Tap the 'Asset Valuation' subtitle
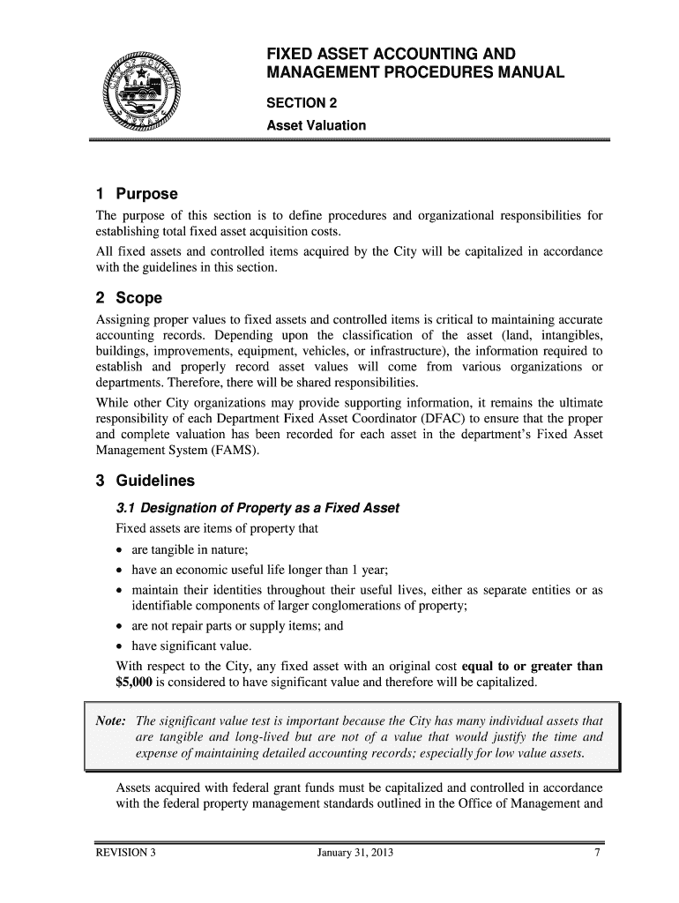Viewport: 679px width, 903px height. (x=316, y=125)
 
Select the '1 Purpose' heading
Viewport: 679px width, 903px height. (x=137, y=194)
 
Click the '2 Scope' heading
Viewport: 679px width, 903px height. (x=129, y=298)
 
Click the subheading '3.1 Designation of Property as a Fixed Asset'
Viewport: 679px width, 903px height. (x=257, y=509)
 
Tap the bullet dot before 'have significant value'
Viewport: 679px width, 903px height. (x=121, y=646)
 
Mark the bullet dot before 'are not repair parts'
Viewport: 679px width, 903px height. (x=121, y=627)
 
